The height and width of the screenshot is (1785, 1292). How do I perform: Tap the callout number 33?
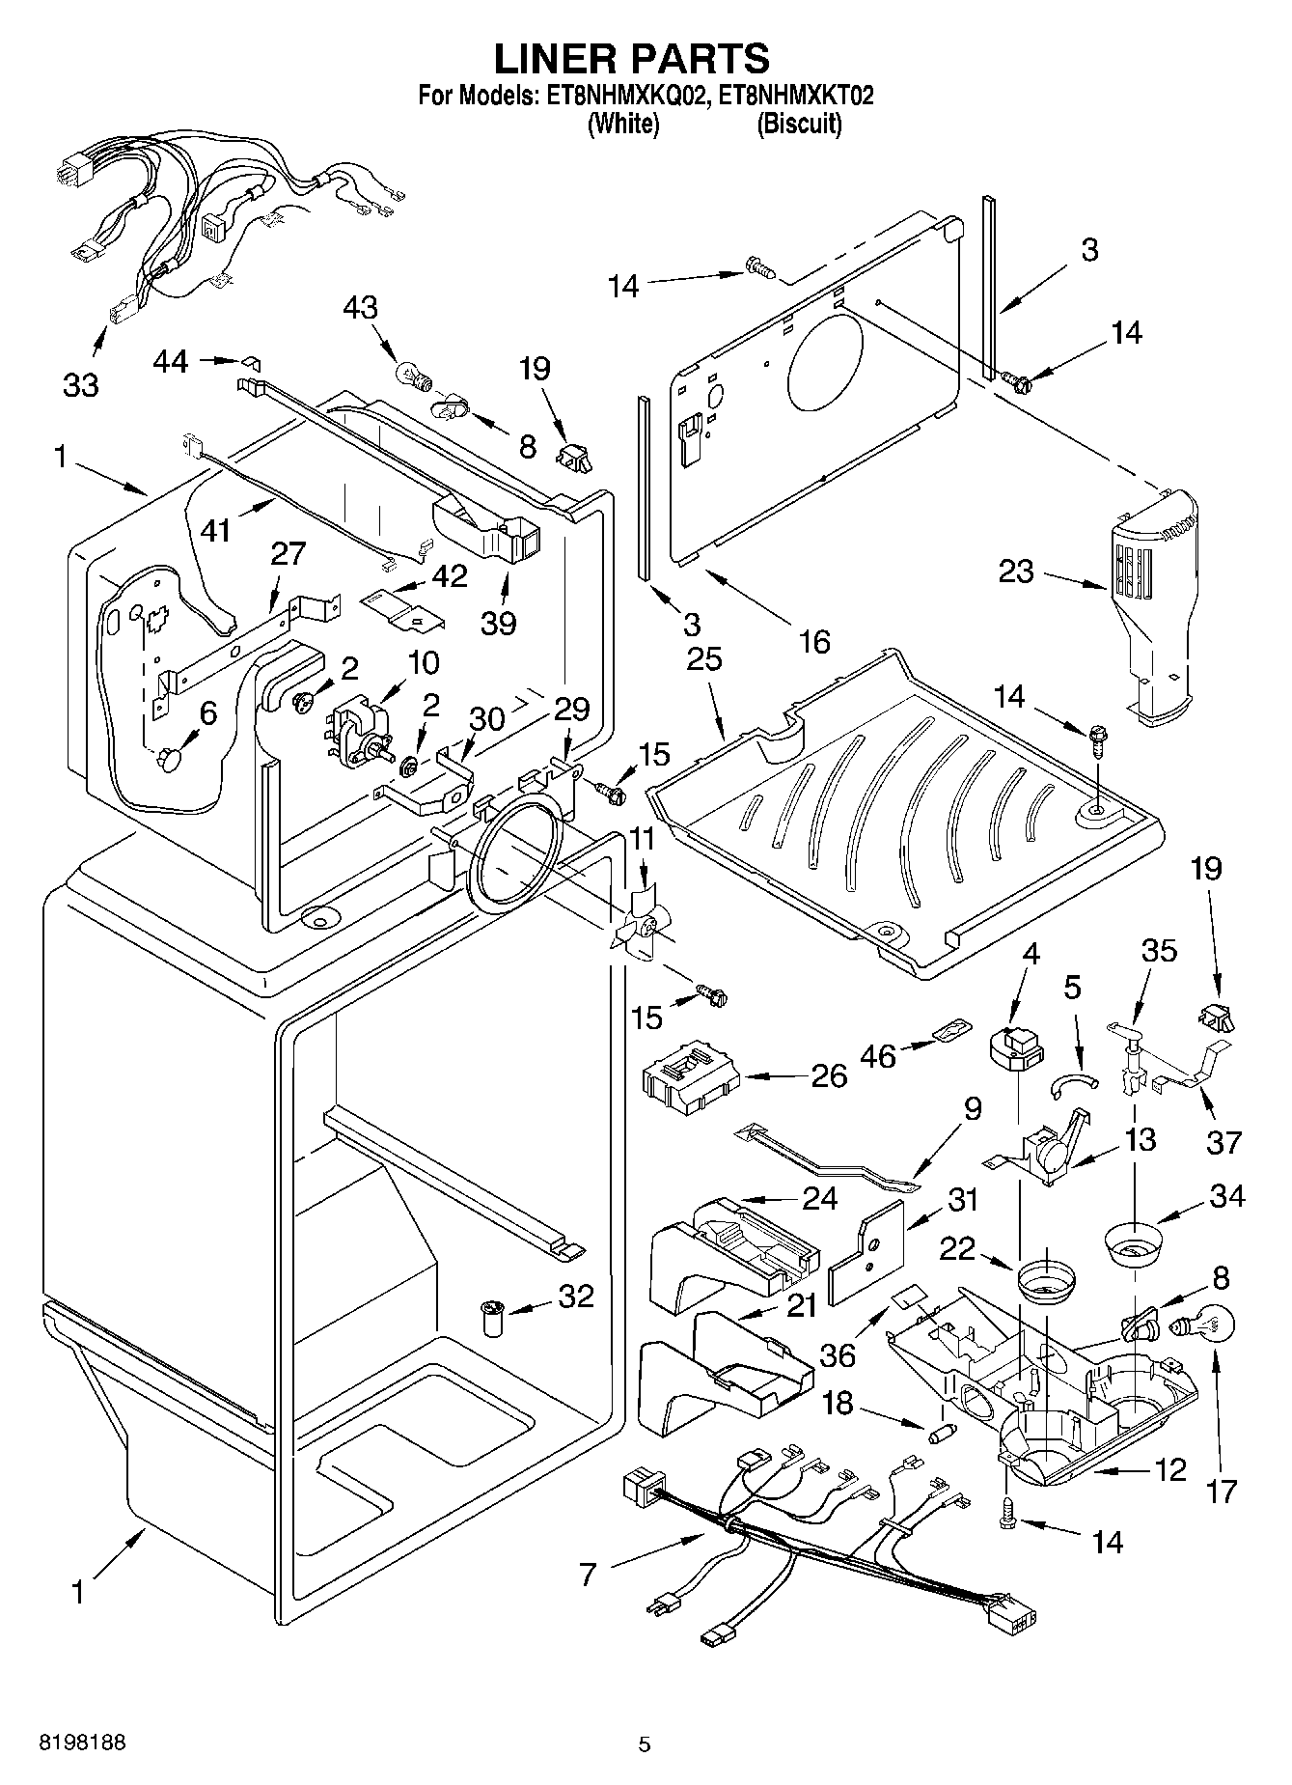pyautogui.click(x=81, y=385)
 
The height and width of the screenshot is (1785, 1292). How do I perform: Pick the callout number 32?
pyautogui.click(x=576, y=1296)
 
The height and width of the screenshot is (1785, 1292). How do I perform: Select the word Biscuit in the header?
pyautogui.click(x=799, y=124)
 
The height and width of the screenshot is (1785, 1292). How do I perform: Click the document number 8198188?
pyautogui.click(x=82, y=1743)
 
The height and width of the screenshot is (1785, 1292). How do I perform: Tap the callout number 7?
pyautogui.click(x=588, y=1575)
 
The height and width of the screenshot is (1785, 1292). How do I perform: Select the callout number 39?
pyautogui.click(x=499, y=623)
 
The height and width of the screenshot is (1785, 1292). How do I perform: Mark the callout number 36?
pyautogui.click(x=838, y=1354)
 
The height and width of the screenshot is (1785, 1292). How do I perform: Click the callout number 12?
pyautogui.click(x=1170, y=1470)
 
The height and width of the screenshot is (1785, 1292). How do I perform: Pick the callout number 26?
pyautogui.click(x=829, y=1075)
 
